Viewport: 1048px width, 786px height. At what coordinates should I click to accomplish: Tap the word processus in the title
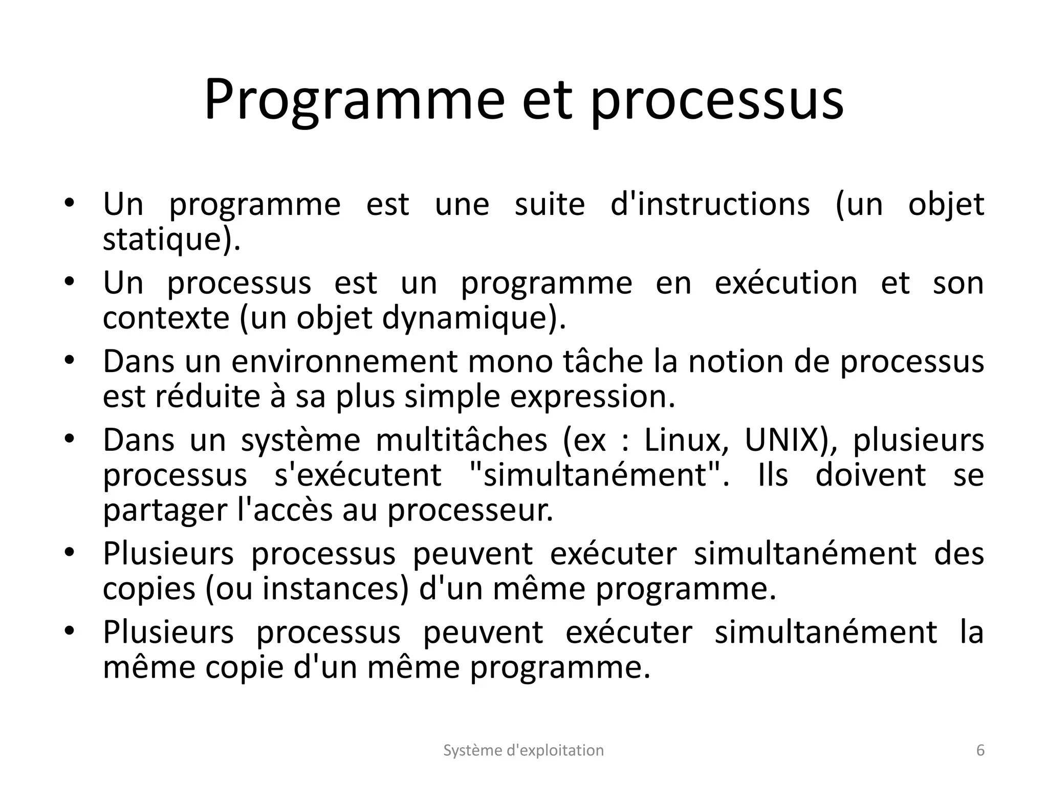716,100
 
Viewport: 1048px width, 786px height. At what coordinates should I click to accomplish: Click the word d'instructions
710,205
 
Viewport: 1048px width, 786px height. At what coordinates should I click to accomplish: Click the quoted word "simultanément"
596,475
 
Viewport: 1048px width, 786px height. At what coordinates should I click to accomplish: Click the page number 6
980,750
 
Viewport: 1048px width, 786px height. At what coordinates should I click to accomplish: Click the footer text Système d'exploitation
523,750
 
